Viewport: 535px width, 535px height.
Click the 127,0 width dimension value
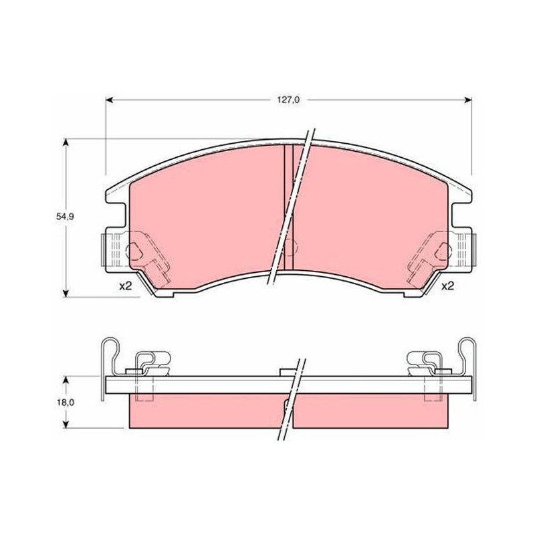[x=288, y=100]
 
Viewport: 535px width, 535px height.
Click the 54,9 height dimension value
[x=65, y=216]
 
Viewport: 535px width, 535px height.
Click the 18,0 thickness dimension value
[x=65, y=403]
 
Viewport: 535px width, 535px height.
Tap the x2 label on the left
[x=125, y=286]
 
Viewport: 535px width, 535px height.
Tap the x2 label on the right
[x=448, y=286]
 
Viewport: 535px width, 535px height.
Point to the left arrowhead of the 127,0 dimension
[x=109, y=100]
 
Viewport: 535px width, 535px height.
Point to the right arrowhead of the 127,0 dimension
[x=468, y=100]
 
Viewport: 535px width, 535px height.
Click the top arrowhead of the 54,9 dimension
[x=66, y=142]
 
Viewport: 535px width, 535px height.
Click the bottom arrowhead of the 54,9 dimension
[x=66, y=293]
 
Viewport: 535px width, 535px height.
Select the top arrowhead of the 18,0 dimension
[x=66, y=381]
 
